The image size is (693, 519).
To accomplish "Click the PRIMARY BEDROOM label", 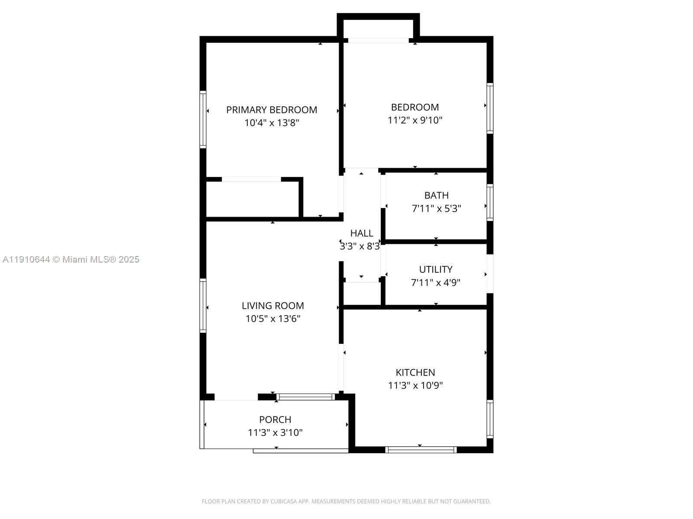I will click(x=272, y=110).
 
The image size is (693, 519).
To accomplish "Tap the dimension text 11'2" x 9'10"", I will click(x=415, y=120).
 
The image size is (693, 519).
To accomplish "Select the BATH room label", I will click(x=436, y=195).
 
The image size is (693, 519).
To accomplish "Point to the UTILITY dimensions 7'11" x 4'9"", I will click(x=435, y=283).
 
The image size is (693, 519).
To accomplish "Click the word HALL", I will click(x=362, y=234).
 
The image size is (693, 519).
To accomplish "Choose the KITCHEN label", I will click(x=415, y=372).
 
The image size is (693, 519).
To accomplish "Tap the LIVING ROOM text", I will click(x=273, y=306).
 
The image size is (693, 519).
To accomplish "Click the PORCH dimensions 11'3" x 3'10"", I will click(x=275, y=432).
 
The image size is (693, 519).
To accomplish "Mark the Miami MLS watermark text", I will click(x=71, y=259).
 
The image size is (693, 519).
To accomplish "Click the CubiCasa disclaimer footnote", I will click(x=346, y=502).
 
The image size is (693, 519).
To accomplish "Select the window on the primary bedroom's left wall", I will click(x=203, y=119).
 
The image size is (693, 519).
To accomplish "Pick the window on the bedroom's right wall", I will click(x=490, y=108).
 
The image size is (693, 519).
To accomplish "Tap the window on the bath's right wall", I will click(x=490, y=202).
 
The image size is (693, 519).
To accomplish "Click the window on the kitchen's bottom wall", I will click(x=421, y=450).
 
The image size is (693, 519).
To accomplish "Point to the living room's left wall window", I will click(x=203, y=305).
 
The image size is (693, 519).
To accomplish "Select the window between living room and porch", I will click(x=306, y=397).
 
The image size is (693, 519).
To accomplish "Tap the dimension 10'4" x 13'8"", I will click(x=272, y=123).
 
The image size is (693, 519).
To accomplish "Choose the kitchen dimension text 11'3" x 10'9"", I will click(x=415, y=385).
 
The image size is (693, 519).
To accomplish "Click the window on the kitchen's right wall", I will click(x=490, y=419).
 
